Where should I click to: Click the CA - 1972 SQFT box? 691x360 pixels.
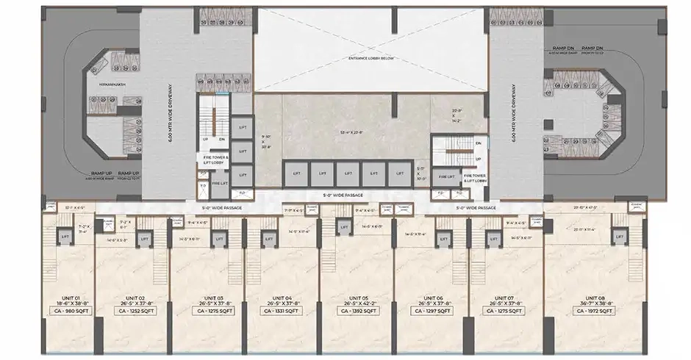click(595, 312)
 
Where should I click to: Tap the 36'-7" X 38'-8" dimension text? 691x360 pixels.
click(595, 304)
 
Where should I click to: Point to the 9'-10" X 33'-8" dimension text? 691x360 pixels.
click(267, 141)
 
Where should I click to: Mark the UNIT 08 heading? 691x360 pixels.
click(595, 298)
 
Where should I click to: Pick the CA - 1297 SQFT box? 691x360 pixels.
click(431, 312)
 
